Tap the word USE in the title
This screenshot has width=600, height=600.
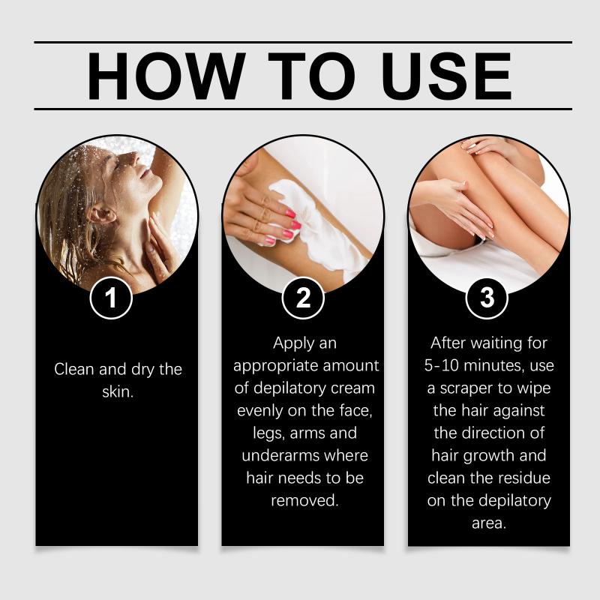(x=446, y=76)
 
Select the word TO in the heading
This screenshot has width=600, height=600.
(x=312, y=76)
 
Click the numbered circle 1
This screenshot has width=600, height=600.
(x=111, y=298)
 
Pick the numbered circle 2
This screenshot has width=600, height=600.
(x=303, y=298)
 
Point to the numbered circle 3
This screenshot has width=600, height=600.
(x=487, y=298)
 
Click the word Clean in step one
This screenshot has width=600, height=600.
(x=73, y=369)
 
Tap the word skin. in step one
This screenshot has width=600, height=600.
(x=118, y=391)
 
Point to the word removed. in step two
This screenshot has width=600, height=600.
(x=304, y=500)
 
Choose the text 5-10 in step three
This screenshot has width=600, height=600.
(x=441, y=366)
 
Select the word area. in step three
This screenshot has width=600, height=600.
(x=489, y=523)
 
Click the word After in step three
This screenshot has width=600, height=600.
(x=447, y=343)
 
